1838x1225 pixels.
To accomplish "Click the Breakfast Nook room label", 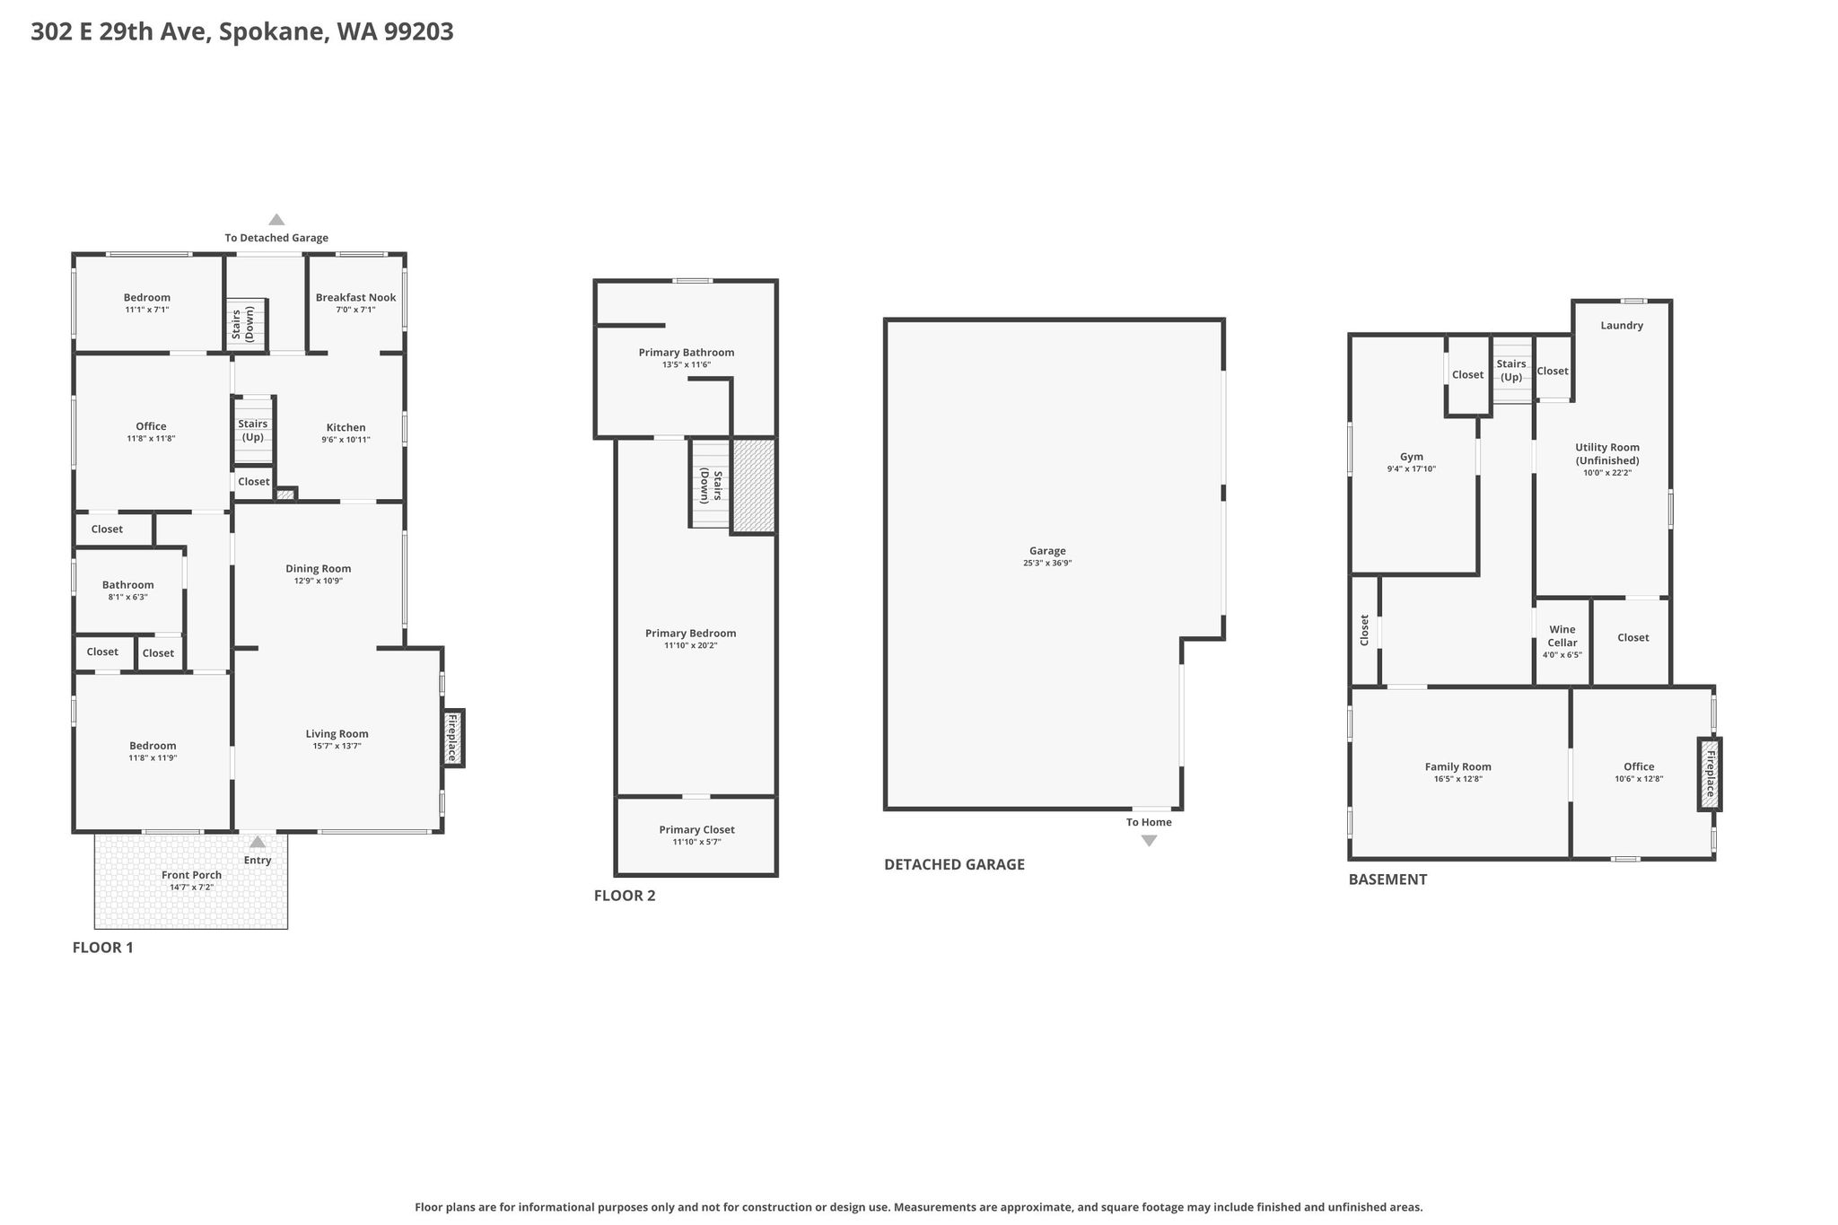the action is pyautogui.click(x=355, y=298).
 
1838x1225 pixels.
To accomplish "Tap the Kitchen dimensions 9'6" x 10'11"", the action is pyautogui.click(x=346, y=440).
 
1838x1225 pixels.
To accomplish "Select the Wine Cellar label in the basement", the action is pyautogui.click(x=1562, y=636).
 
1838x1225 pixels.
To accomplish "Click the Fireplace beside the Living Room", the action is pyautogui.click(x=453, y=739).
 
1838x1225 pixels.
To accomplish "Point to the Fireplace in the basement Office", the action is pyautogui.click(x=1710, y=774).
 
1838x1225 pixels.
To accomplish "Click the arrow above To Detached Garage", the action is pyautogui.click(x=276, y=220).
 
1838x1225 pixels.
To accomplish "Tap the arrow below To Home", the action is pyautogui.click(x=1149, y=841).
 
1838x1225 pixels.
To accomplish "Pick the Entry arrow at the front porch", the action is pyautogui.click(x=258, y=842).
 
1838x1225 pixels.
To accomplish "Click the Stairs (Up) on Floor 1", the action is pyautogui.click(x=253, y=431).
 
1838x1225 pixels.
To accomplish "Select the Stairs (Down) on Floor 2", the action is pyautogui.click(x=711, y=485).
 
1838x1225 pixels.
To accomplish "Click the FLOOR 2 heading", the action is pyautogui.click(x=625, y=896).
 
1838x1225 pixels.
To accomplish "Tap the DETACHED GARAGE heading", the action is pyautogui.click(x=954, y=864).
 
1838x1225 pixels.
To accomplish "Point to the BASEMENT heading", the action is pyautogui.click(x=1387, y=879).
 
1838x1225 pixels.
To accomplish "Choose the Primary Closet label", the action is pyautogui.click(x=696, y=830).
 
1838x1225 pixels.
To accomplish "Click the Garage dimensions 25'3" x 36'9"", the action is pyautogui.click(x=1047, y=564).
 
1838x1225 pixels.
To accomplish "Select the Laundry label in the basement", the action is pyautogui.click(x=1622, y=326).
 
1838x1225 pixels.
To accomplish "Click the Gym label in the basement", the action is pyautogui.click(x=1412, y=457).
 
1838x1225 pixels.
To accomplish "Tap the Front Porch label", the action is pyautogui.click(x=191, y=875).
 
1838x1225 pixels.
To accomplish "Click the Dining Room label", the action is pyautogui.click(x=318, y=568).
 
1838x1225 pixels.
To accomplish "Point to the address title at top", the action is pyautogui.click(x=242, y=32).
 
